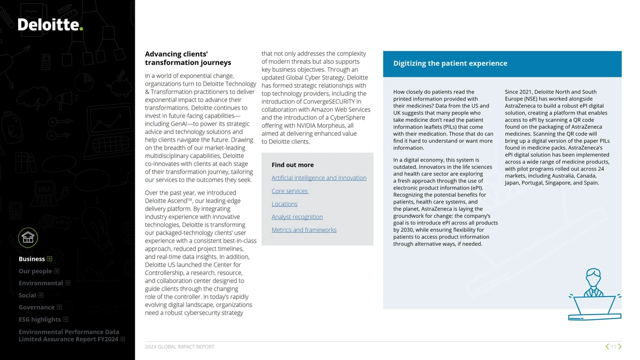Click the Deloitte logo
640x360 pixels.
[50, 25]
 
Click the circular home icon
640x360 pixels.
[28, 237]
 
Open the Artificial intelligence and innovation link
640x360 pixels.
[319, 178]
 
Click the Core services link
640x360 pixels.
[290, 191]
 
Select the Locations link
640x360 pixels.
[284, 204]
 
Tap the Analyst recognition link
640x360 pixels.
[297, 217]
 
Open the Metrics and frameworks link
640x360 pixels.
[304, 230]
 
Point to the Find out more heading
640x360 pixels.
[292, 165]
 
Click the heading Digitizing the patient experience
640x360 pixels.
[450, 63]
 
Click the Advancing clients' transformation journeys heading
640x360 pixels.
[188, 58]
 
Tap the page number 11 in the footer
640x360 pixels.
[613, 347]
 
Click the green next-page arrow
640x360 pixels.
[620, 347]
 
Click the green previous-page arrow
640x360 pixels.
[607, 347]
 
